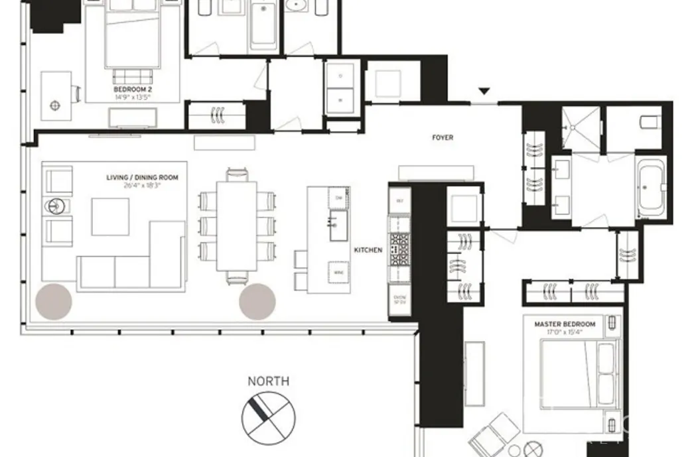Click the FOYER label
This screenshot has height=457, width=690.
click(x=443, y=138)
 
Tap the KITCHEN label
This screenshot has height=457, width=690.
click(x=368, y=250)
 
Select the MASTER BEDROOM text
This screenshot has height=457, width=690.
click(x=565, y=324)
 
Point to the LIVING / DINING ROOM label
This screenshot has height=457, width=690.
click(x=142, y=178)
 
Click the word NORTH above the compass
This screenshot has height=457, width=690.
click(x=268, y=381)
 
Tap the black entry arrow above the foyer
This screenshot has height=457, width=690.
click(x=484, y=92)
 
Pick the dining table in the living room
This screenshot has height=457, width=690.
click(x=237, y=226)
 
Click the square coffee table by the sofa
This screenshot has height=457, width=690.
click(x=110, y=217)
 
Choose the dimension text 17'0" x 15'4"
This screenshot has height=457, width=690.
click(x=565, y=332)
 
